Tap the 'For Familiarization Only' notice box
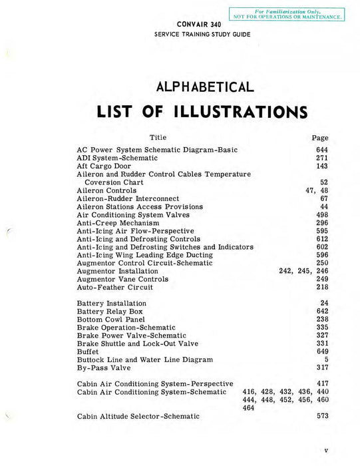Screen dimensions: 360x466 (x=287, y=13)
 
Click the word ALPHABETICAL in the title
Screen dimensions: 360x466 (x=205, y=87)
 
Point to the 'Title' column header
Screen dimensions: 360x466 (x=158, y=137)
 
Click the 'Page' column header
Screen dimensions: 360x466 (x=320, y=138)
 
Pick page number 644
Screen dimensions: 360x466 (x=322, y=150)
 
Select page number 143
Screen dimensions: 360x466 (x=322, y=166)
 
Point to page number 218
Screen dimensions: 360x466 (x=322, y=287)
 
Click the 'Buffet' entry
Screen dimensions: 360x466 (x=88, y=351)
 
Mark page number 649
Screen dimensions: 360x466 (x=322, y=351)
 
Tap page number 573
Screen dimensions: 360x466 (x=322, y=416)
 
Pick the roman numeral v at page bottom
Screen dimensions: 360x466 (x=326, y=451)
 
